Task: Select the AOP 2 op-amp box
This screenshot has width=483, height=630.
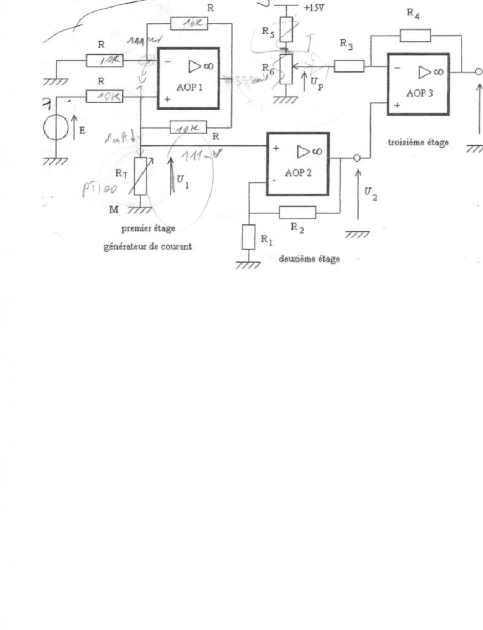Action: (x=298, y=164)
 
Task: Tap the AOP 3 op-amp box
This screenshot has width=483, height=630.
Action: (x=418, y=84)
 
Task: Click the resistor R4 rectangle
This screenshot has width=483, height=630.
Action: (x=415, y=36)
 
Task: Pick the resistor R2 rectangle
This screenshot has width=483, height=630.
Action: (x=298, y=212)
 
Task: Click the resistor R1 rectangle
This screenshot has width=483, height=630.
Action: (x=248, y=237)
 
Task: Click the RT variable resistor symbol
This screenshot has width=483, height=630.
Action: (x=141, y=176)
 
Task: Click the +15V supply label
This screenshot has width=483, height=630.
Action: (x=314, y=8)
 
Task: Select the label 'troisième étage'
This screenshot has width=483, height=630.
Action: (x=418, y=142)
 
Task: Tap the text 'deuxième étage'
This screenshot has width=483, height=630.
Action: (x=309, y=258)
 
